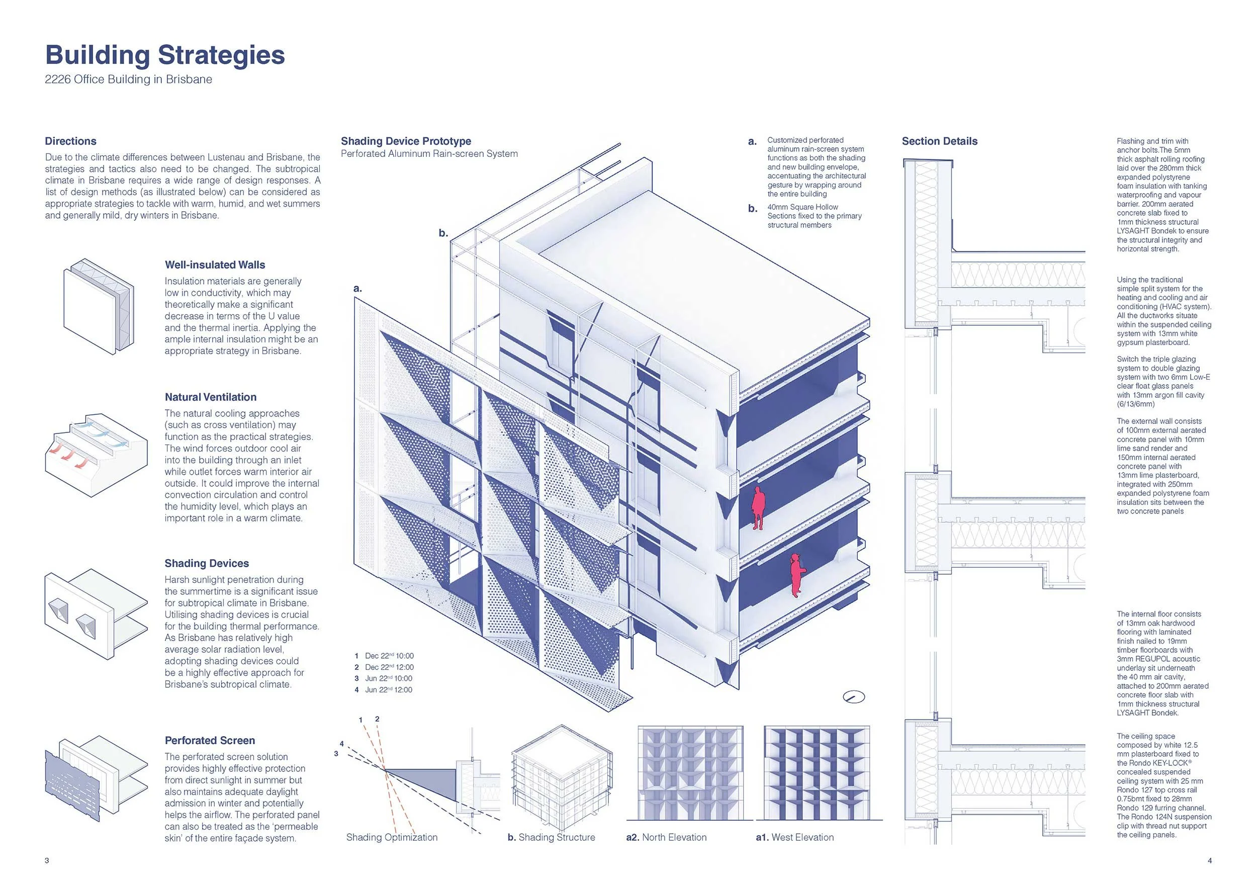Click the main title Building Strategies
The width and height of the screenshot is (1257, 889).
click(x=165, y=55)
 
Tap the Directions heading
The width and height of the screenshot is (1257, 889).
click(x=70, y=141)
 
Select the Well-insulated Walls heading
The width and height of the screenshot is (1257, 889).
click(x=215, y=265)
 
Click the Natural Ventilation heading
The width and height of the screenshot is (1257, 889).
click(x=210, y=397)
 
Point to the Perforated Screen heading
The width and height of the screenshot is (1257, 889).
click(x=210, y=741)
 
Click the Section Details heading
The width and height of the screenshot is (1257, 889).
click(x=939, y=141)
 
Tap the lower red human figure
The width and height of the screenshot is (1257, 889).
click(x=796, y=574)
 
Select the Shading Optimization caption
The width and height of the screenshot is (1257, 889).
click(x=392, y=837)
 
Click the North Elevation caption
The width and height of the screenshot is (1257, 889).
click(x=666, y=837)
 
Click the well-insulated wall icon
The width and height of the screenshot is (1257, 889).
click(x=99, y=307)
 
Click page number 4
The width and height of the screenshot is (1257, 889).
click(x=1209, y=860)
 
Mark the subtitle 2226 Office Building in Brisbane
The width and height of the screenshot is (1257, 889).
click(x=128, y=79)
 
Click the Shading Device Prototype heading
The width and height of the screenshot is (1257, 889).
click(x=406, y=141)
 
